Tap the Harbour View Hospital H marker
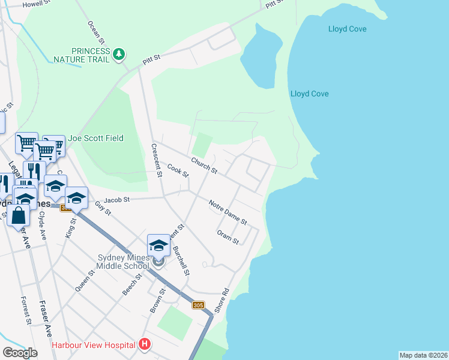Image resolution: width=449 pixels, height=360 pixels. [x=145, y=344]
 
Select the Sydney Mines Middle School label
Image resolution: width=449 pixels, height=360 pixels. [x=123, y=262]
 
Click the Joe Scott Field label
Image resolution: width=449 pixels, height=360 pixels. [x=95, y=138]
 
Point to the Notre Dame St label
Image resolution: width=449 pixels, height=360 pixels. [x=228, y=213]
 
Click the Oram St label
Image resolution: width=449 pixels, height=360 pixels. [x=228, y=237]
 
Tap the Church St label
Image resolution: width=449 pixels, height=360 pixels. [x=204, y=166]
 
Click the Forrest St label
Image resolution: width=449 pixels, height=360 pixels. [x=25, y=310]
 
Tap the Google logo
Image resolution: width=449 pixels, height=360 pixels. [x=20, y=353]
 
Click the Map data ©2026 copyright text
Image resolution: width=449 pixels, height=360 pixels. [x=423, y=355]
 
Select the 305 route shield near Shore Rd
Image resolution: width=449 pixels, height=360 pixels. [x=199, y=305]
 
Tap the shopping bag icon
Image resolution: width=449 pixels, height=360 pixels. [x=19, y=216]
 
